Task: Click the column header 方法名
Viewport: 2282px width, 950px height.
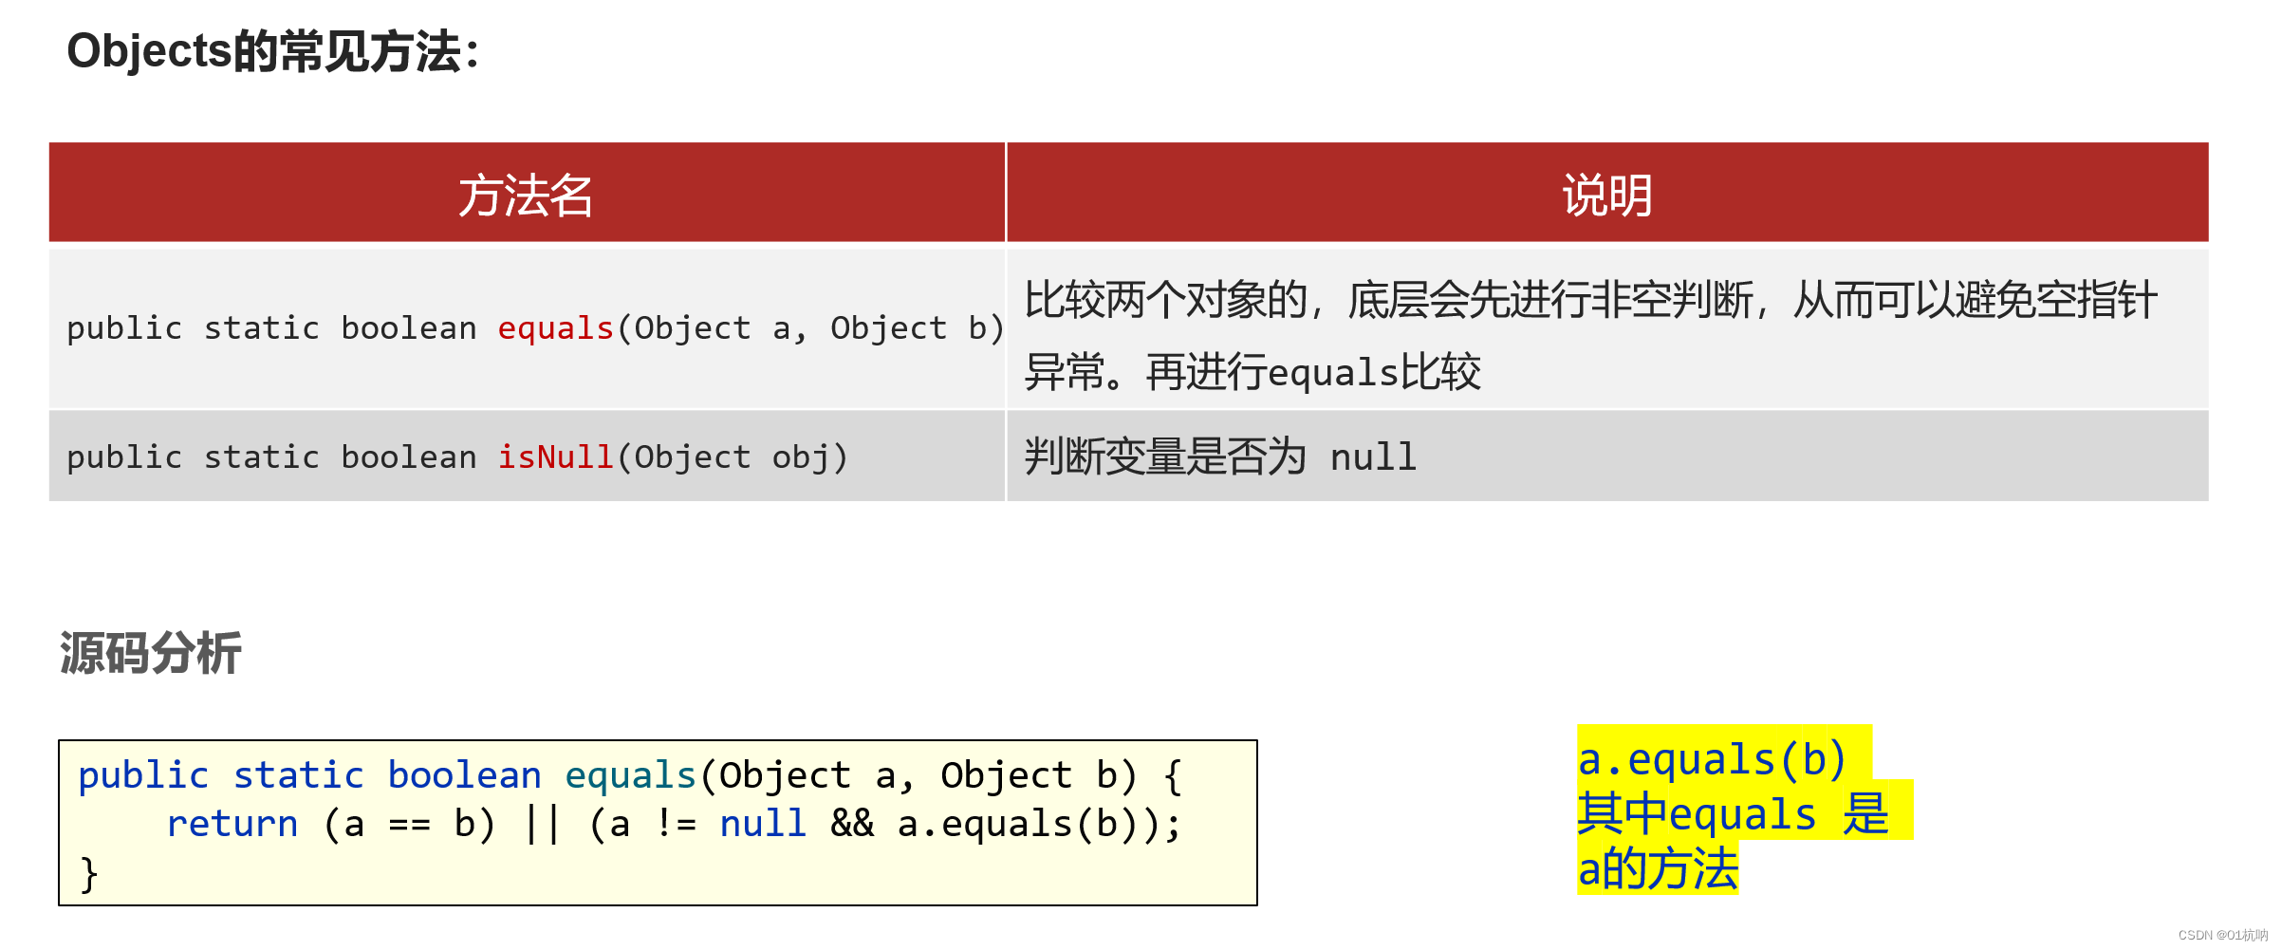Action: coord(526,196)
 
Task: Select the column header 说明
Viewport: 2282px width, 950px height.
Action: coord(1606,196)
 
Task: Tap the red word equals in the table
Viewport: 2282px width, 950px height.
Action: coord(555,328)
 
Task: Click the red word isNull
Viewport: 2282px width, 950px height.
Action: coord(555,457)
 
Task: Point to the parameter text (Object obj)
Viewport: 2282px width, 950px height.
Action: coord(732,457)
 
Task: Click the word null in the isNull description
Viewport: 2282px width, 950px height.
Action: coord(1373,457)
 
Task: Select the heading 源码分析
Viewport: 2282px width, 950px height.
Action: coord(151,654)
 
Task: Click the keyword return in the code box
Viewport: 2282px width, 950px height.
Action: coord(232,824)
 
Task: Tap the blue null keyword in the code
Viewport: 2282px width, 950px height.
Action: coord(763,824)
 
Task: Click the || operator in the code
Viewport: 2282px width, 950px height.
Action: coord(542,824)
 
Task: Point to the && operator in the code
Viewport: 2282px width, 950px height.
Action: coord(851,824)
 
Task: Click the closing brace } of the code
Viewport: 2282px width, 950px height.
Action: coord(88,873)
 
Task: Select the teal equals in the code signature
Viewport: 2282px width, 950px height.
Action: coord(630,775)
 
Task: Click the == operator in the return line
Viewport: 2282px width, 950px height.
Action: coord(409,824)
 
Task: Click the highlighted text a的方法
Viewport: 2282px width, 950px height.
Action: coord(1657,869)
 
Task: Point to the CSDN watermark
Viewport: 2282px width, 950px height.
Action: coord(2222,936)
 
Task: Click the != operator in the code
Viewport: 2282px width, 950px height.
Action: coord(676,824)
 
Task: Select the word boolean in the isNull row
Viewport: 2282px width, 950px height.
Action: coord(409,457)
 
